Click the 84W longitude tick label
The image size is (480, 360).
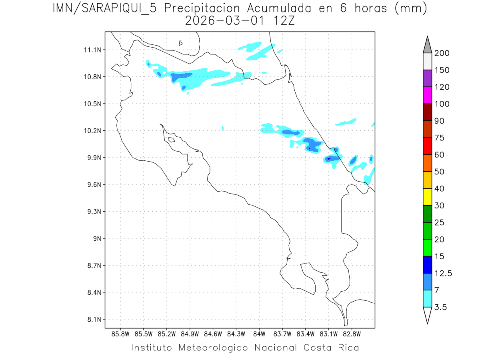pos(259,334)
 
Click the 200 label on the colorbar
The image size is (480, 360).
pos(442,53)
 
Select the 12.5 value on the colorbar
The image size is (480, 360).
pos(443,274)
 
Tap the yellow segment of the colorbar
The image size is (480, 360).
pos(427,197)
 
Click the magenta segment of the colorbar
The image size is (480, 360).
pos(427,95)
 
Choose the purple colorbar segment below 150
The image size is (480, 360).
pos(427,78)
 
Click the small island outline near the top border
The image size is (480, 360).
pos(181,43)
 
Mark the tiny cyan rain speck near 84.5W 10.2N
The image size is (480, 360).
pos(223,128)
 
